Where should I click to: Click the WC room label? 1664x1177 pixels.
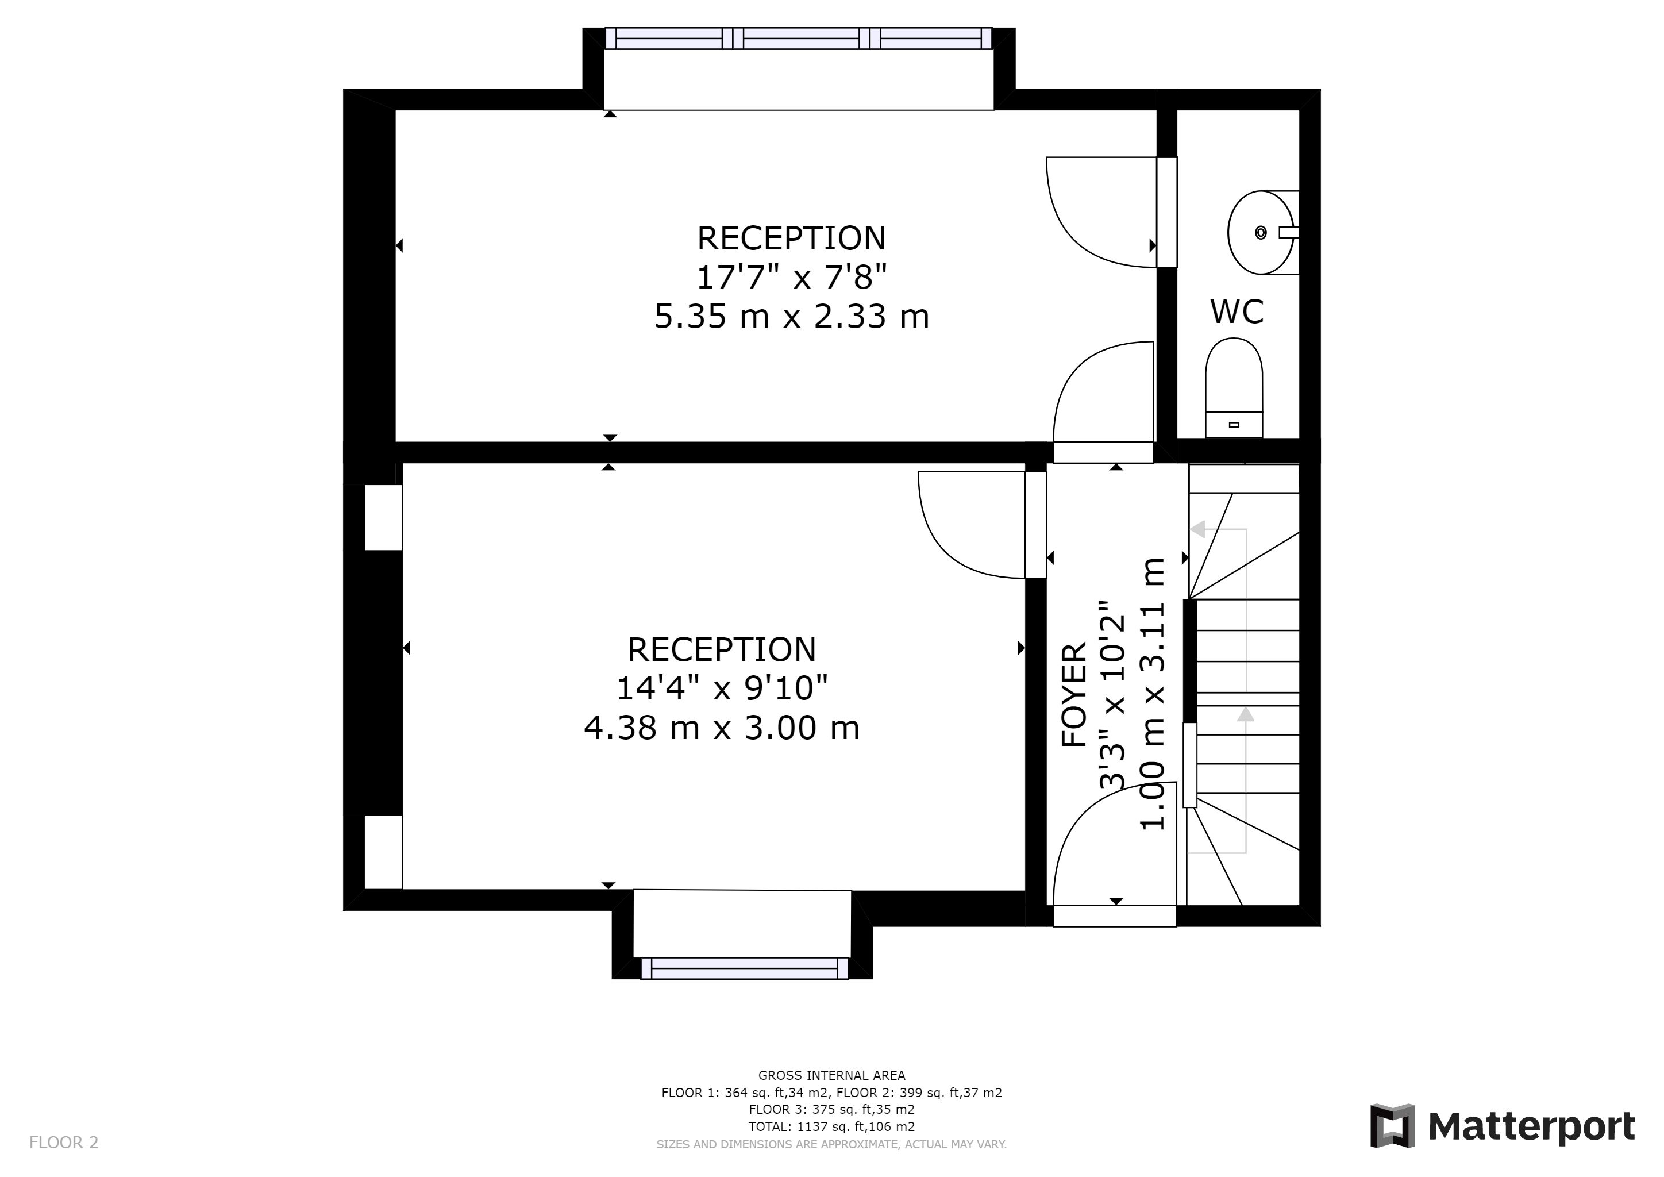coord(1237,311)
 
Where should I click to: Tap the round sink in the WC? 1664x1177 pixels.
coord(1262,233)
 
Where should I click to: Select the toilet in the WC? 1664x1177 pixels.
coord(1234,388)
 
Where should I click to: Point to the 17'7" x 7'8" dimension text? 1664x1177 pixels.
coord(791,277)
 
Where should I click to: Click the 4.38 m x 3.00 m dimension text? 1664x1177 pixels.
coord(722,728)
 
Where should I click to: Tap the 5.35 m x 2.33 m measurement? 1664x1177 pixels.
coord(791,317)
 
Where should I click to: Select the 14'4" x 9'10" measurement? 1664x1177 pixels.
coord(722,688)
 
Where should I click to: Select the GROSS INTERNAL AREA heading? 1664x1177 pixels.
coord(831,1075)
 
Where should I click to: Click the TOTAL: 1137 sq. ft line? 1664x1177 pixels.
coord(831,1126)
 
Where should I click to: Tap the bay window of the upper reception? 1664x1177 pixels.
coord(798,39)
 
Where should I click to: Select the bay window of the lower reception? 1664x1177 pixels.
coord(744,968)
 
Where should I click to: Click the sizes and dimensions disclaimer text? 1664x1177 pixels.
coord(831,1144)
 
